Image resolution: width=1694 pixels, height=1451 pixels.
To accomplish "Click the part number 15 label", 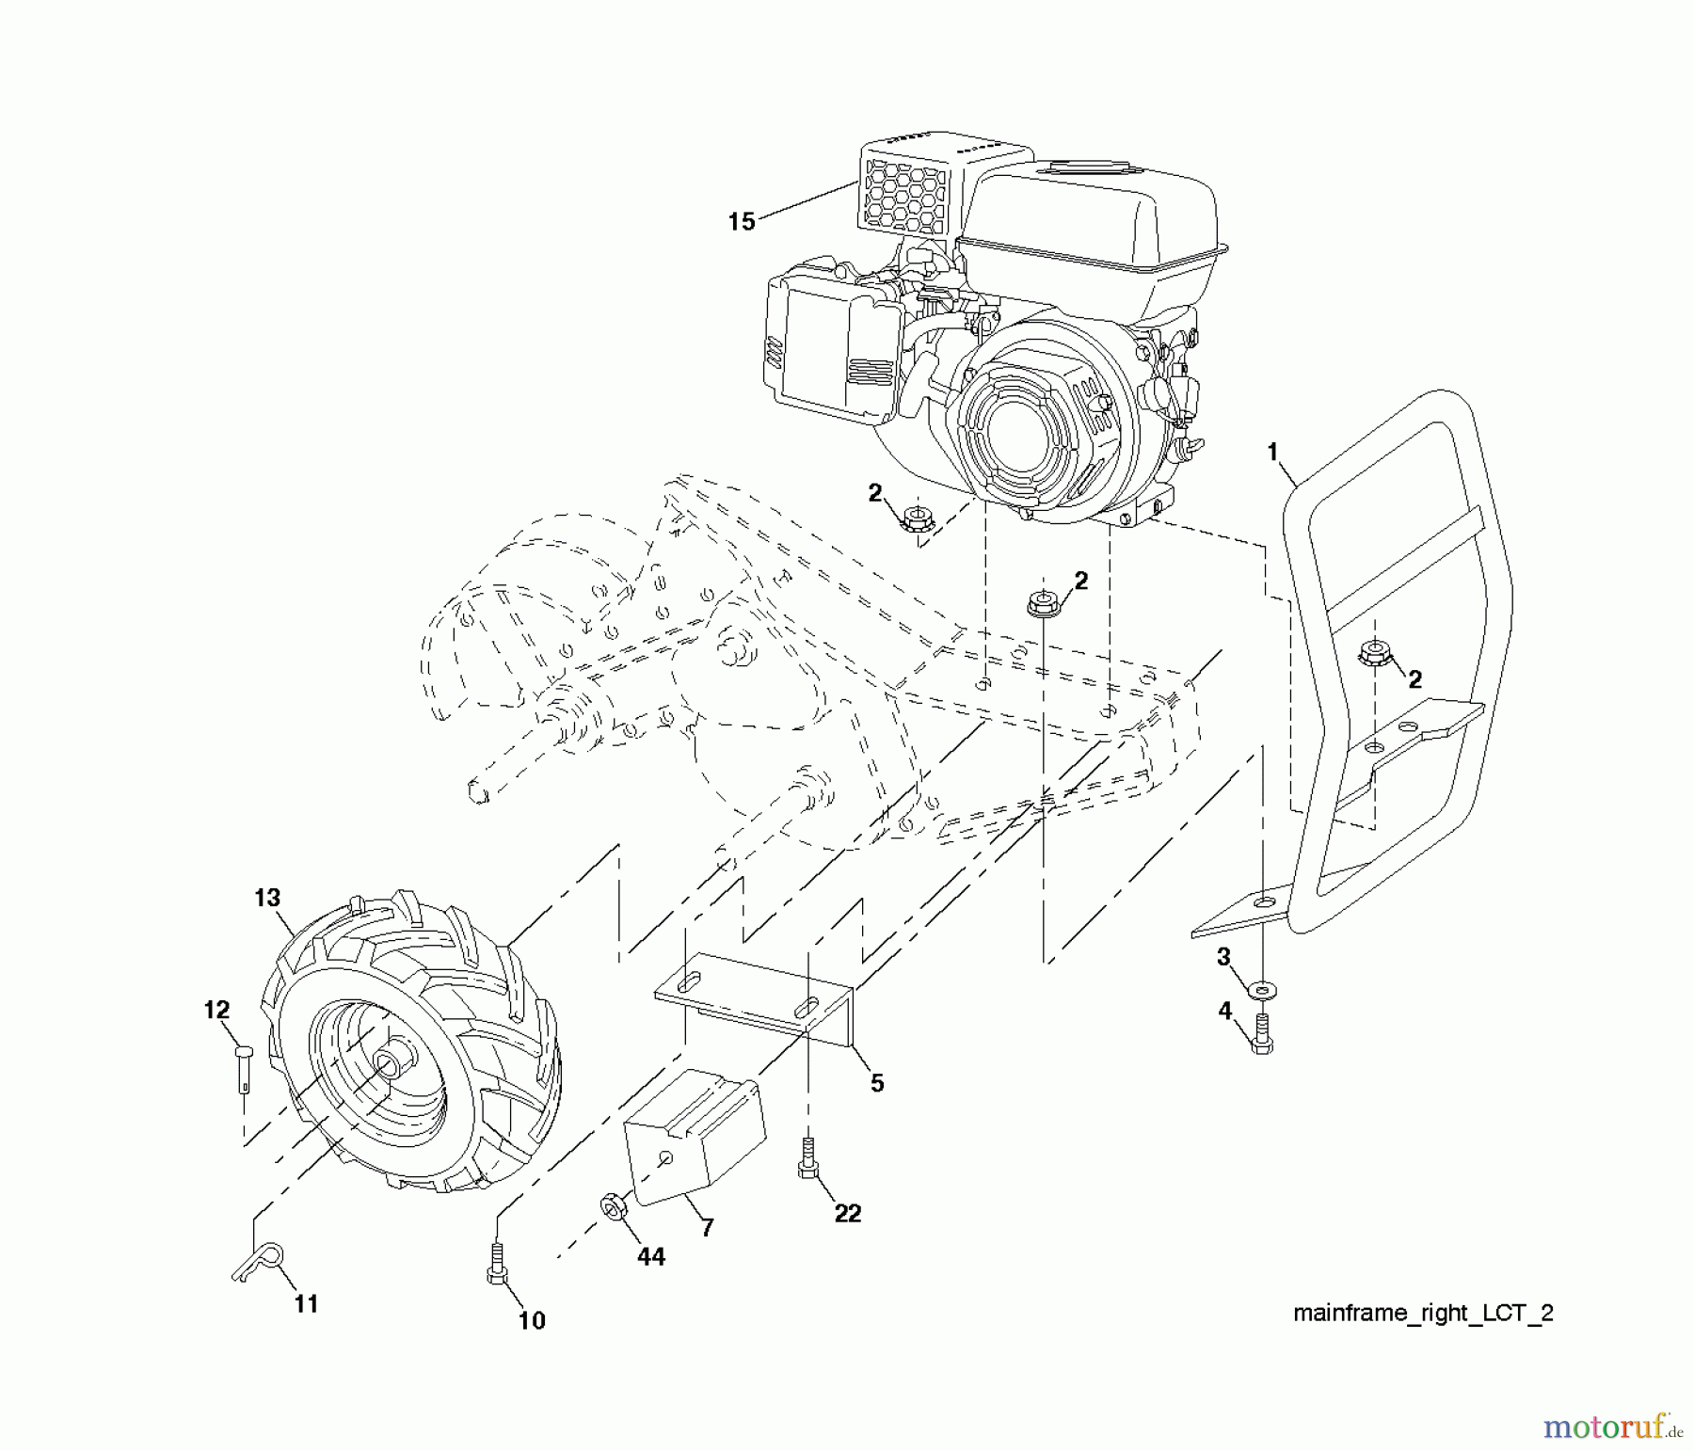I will tap(742, 222).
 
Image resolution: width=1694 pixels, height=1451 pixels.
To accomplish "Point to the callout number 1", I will tap(1272, 453).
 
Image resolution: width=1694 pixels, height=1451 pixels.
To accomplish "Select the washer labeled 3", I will tap(1259, 991).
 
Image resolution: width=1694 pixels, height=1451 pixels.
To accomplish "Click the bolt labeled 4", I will tap(1261, 1036).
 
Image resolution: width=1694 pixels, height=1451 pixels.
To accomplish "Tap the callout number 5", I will tap(876, 1083).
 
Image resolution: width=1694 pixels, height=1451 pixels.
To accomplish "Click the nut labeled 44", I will tap(612, 1207).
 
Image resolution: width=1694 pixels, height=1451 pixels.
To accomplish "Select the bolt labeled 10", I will tap(498, 1264).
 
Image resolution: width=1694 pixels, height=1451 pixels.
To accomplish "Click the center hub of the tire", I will tap(388, 1065).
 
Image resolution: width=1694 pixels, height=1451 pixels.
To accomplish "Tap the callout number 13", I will tap(267, 898).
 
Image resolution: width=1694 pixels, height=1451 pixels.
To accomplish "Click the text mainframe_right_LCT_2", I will tap(1423, 1314).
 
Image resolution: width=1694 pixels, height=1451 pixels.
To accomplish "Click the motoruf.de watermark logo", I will tap(1610, 1428).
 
